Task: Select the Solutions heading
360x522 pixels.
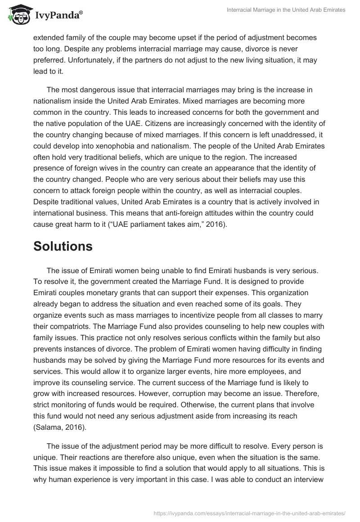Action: coord(63,246)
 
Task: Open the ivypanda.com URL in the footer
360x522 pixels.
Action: coord(249,513)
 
